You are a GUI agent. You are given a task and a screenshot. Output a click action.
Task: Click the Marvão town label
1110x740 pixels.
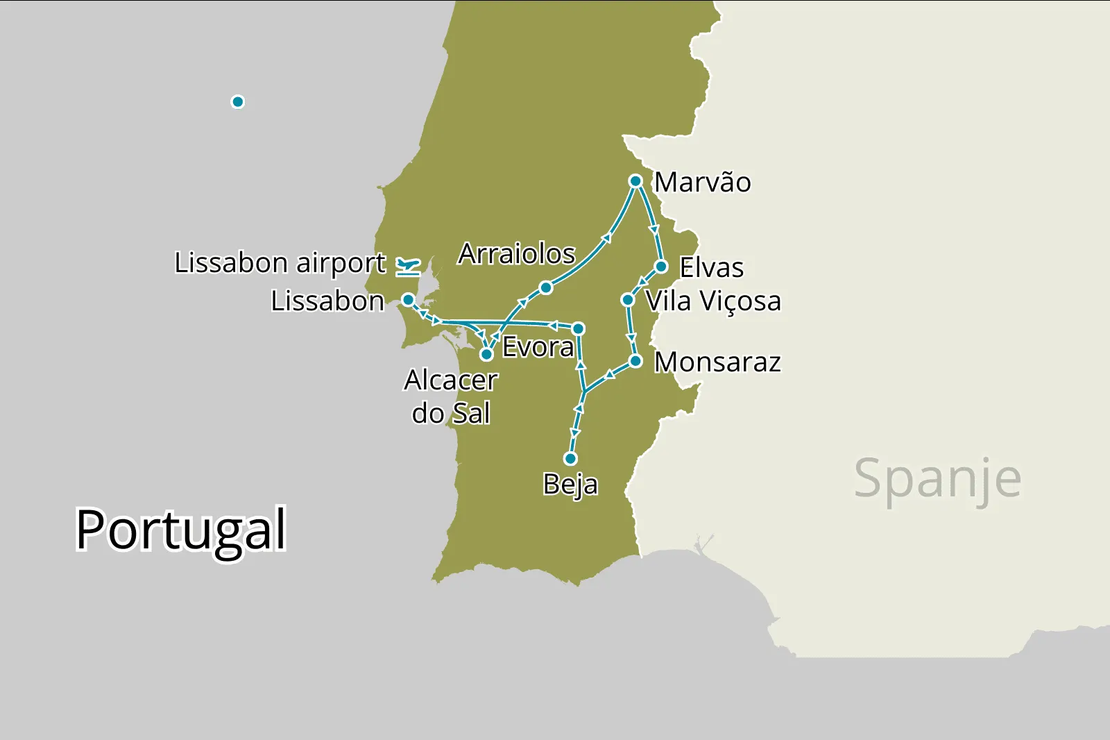click(x=702, y=183)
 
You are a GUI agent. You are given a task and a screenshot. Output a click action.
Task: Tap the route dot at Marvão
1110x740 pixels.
click(x=635, y=181)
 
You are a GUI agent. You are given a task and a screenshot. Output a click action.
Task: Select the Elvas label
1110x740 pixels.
click(x=711, y=268)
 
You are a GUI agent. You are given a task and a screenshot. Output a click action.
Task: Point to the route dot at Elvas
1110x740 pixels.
click(x=661, y=267)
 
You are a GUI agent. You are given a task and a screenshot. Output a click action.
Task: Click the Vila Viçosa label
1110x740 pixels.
click(x=713, y=301)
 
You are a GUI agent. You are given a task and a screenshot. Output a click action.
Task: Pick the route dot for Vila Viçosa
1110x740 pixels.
click(x=628, y=300)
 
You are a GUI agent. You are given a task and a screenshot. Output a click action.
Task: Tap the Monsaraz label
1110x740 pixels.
click(x=717, y=362)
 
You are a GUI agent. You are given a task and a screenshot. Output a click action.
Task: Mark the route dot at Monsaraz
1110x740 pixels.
click(x=635, y=361)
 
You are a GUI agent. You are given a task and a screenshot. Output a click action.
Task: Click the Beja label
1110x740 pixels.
click(x=570, y=484)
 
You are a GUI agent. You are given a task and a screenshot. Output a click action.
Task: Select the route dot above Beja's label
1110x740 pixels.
click(x=570, y=459)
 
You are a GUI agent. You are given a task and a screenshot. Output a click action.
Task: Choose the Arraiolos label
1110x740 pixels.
click(x=517, y=254)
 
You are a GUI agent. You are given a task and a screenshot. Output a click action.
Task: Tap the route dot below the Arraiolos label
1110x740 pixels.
click(x=546, y=287)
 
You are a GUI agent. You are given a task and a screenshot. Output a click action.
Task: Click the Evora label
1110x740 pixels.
click(x=538, y=347)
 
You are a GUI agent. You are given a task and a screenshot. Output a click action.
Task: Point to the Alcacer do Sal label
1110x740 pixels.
click(x=451, y=396)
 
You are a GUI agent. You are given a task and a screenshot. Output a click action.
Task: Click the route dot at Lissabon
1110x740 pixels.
click(x=409, y=300)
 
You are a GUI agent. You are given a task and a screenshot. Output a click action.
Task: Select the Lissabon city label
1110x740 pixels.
click(x=327, y=301)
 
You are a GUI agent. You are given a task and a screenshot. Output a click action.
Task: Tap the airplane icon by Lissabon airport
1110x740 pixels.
click(x=408, y=266)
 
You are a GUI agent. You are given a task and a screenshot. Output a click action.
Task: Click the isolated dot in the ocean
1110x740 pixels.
click(x=238, y=102)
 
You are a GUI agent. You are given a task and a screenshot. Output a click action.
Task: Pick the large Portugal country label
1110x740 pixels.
click(x=181, y=530)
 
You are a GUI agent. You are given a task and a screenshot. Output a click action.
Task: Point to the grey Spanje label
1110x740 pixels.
click(x=937, y=479)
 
